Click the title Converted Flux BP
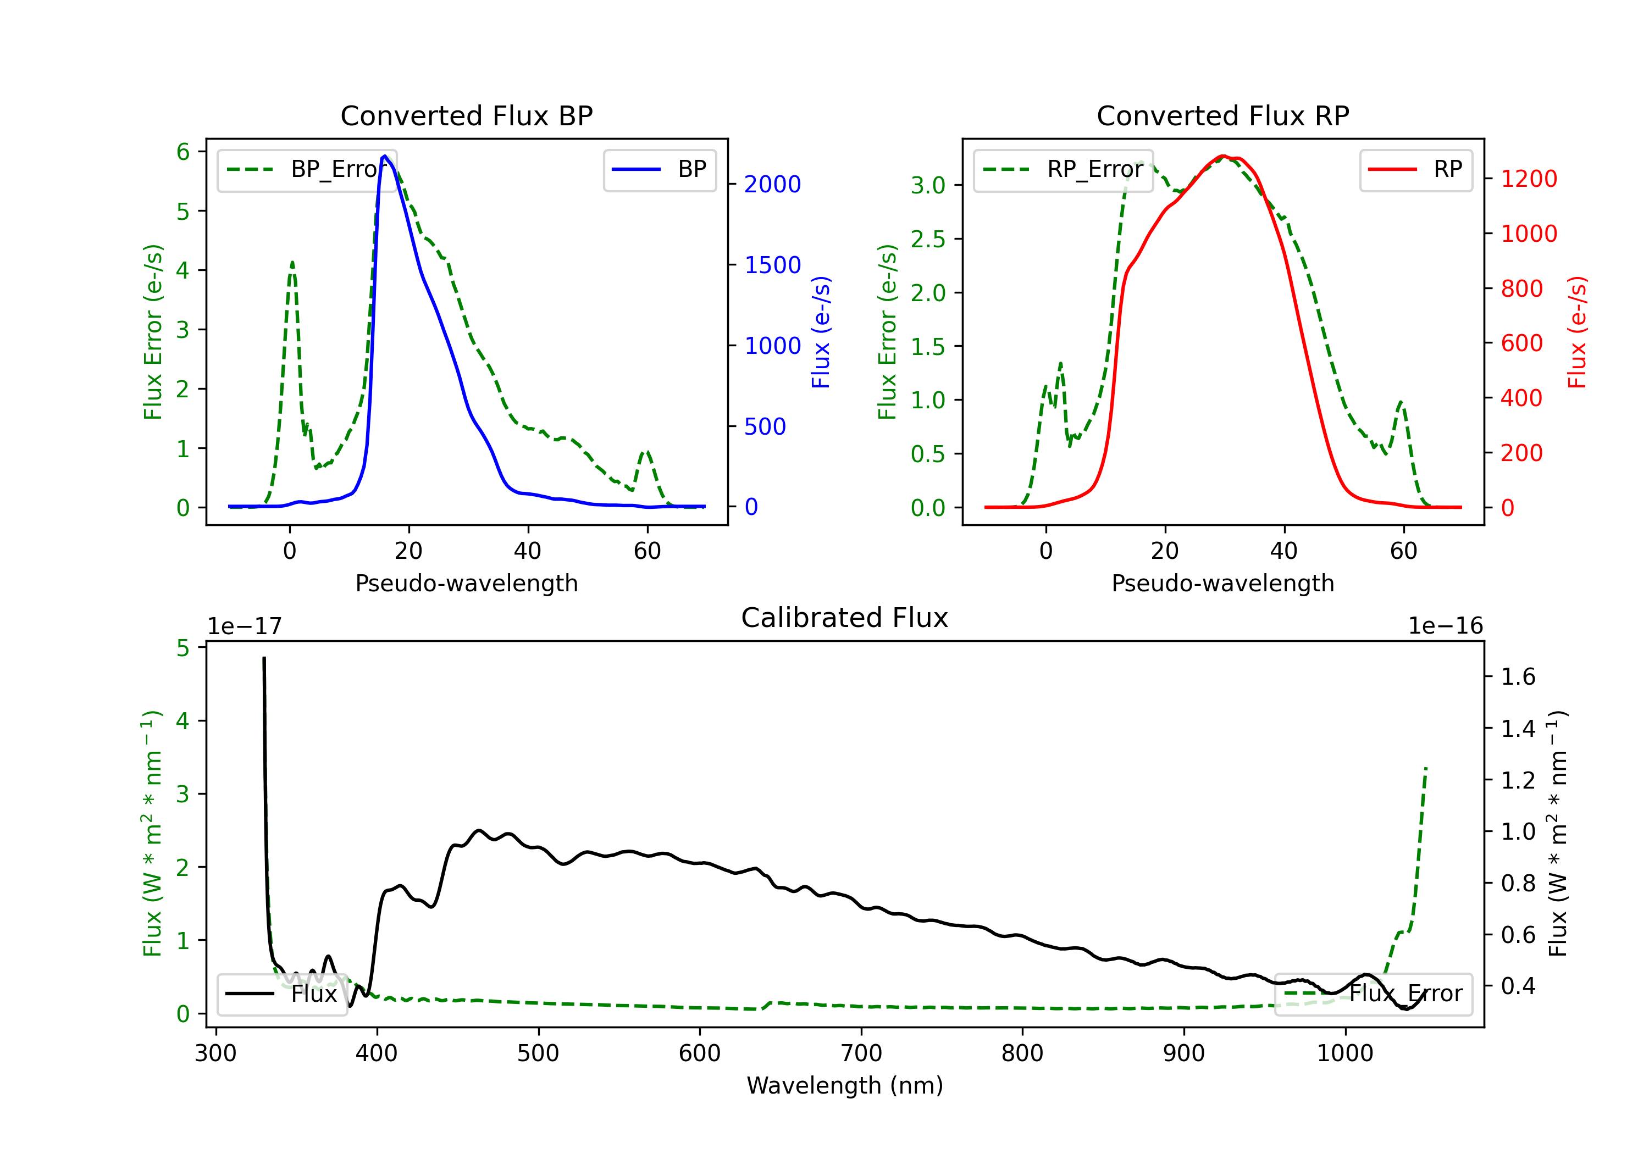466,115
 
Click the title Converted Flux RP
1222,115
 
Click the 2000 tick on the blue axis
772,185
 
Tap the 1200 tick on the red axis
1529,179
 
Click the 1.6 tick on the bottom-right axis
1518,676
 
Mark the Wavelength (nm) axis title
845,1085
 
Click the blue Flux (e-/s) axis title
820,332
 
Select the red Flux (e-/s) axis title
1576,332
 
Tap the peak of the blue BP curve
385,156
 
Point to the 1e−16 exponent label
1445,626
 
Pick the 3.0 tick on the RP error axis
928,185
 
